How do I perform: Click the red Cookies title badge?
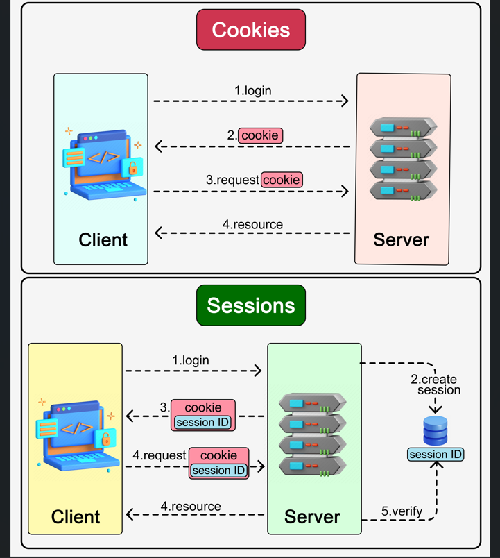pyautogui.click(x=250, y=30)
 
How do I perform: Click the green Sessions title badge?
pyautogui.click(x=250, y=305)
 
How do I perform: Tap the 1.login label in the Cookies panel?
pyautogui.click(x=252, y=90)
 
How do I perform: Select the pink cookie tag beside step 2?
pyautogui.click(x=261, y=135)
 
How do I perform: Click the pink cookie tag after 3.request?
pyautogui.click(x=282, y=180)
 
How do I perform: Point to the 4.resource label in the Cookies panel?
pyautogui.click(x=252, y=224)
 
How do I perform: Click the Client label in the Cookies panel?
pyautogui.click(x=103, y=240)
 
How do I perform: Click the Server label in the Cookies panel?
pyautogui.click(x=401, y=240)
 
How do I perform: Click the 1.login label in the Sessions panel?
pyautogui.click(x=191, y=360)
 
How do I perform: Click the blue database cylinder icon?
pyautogui.click(x=436, y=431)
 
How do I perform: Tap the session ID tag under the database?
pyautogui.click(x=436, y=455)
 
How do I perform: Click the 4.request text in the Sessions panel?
pyautogui.click(x=160, y=455)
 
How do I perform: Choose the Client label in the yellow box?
pyautogui.click(x=76, y=517)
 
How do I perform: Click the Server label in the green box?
pyautogui.click(x=313, y=517)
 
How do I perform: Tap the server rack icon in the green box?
pyautogui.click(x=313, y=435)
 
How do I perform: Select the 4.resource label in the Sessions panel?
pyautogui.click(x=191, y=506)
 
